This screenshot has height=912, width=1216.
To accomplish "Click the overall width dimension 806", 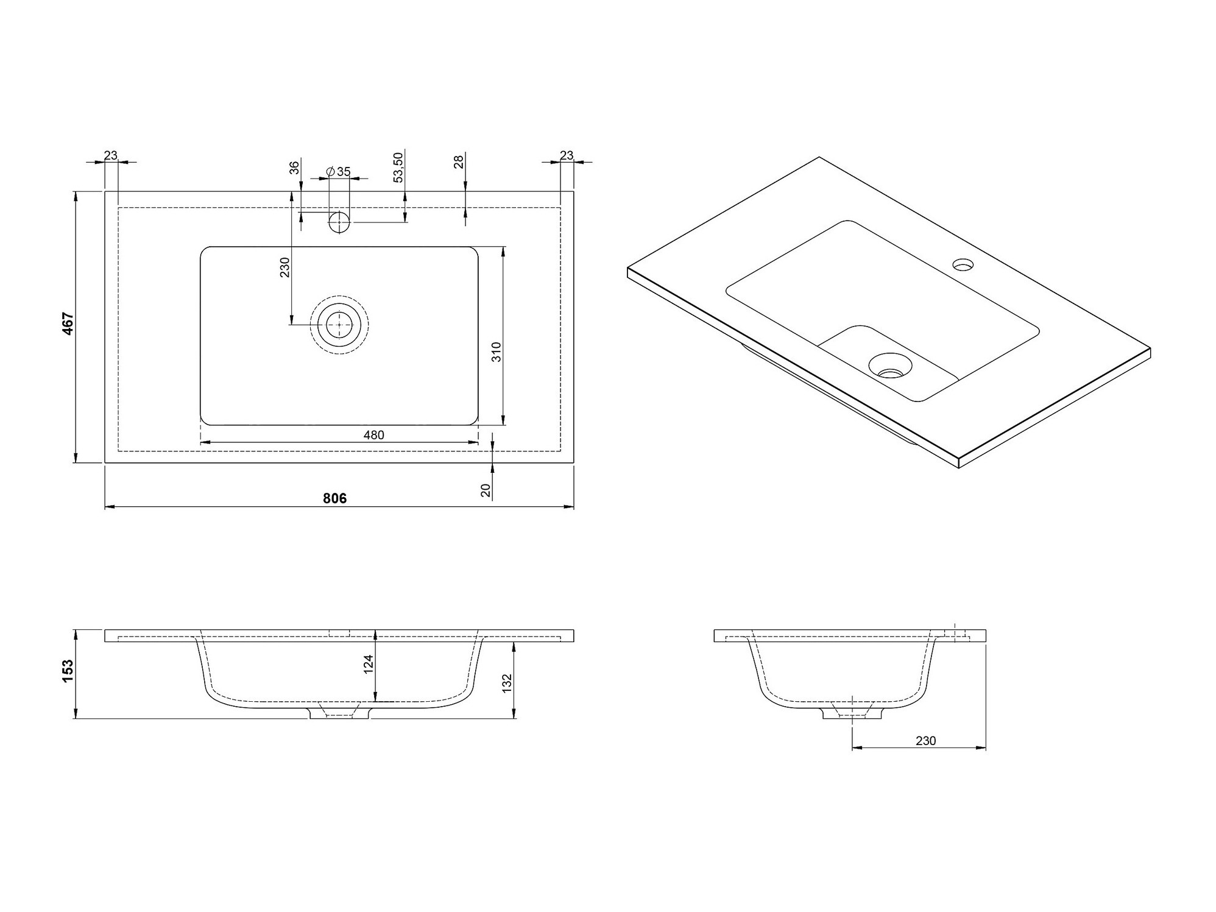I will (x=334, y=498).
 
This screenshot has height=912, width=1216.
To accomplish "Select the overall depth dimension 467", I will (x=68, y=323).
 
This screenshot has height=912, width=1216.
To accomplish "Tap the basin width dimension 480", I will (x=373, y=435).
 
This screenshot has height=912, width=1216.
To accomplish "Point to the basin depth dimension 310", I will (x=497, y=352).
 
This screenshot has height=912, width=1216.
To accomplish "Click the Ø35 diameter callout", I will (x=339, y=172).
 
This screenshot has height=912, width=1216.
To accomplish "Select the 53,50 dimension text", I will (x=398, y=168).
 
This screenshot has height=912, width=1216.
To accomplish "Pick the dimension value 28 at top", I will (x=459, y=161).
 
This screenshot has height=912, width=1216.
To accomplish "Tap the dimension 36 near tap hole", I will (x=294, y=168).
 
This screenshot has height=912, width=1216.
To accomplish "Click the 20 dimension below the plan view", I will (x=486, y=490).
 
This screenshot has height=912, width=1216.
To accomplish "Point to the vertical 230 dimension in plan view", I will (x=285, y=267).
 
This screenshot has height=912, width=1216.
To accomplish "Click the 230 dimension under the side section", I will (x=925, y=741).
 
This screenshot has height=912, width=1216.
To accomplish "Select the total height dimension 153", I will (x=68, y=671).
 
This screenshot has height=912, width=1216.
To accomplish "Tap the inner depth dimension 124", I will (x=368, y=663).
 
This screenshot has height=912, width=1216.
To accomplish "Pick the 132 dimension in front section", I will (x=507, y=684).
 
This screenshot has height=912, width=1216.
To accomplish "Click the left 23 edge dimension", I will (x=110, y=155).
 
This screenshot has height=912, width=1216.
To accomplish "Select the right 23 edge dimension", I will (x=566, y=155).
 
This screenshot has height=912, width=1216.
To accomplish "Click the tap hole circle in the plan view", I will (x=339, y=222).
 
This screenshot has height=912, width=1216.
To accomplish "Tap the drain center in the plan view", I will (x=339, y=325).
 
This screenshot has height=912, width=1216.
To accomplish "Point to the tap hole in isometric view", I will (x=963, y=265).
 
